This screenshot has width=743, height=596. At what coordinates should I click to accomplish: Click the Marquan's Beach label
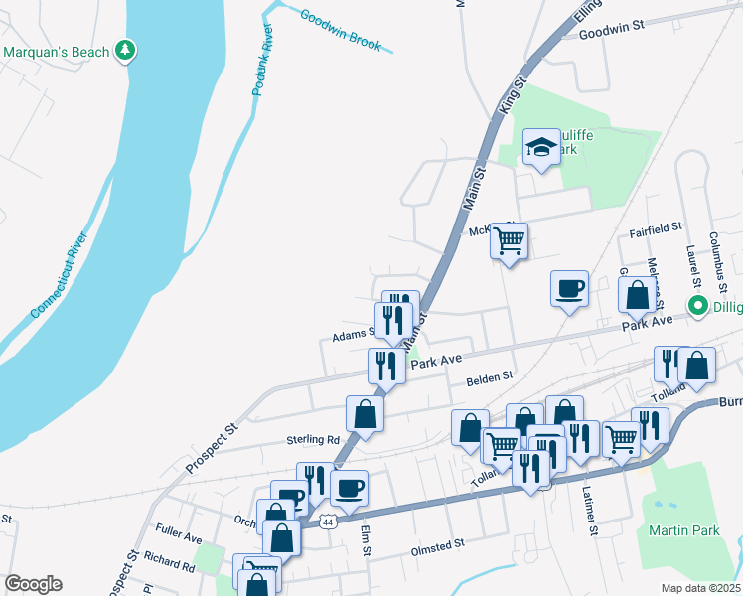click(x=57, y=51)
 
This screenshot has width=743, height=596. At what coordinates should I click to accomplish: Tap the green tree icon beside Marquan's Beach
click(x=125, y=50)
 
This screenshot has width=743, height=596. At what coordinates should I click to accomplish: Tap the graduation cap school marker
click(x=540, y=148)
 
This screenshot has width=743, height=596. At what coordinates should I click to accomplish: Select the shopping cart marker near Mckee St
click(x=509, y=239)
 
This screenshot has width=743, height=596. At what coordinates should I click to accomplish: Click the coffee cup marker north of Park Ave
click(x=569, y=288)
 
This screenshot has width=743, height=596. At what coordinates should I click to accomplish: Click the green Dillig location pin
click(x=697, y=306)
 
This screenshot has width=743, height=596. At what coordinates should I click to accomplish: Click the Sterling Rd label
click(x=312, y=439)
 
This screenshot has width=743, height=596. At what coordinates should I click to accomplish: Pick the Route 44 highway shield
click(x=327, y=521)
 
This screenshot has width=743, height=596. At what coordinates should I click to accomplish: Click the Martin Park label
click(x=683, y=531)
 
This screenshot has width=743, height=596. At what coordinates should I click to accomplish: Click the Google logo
click(x=33, y=584)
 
